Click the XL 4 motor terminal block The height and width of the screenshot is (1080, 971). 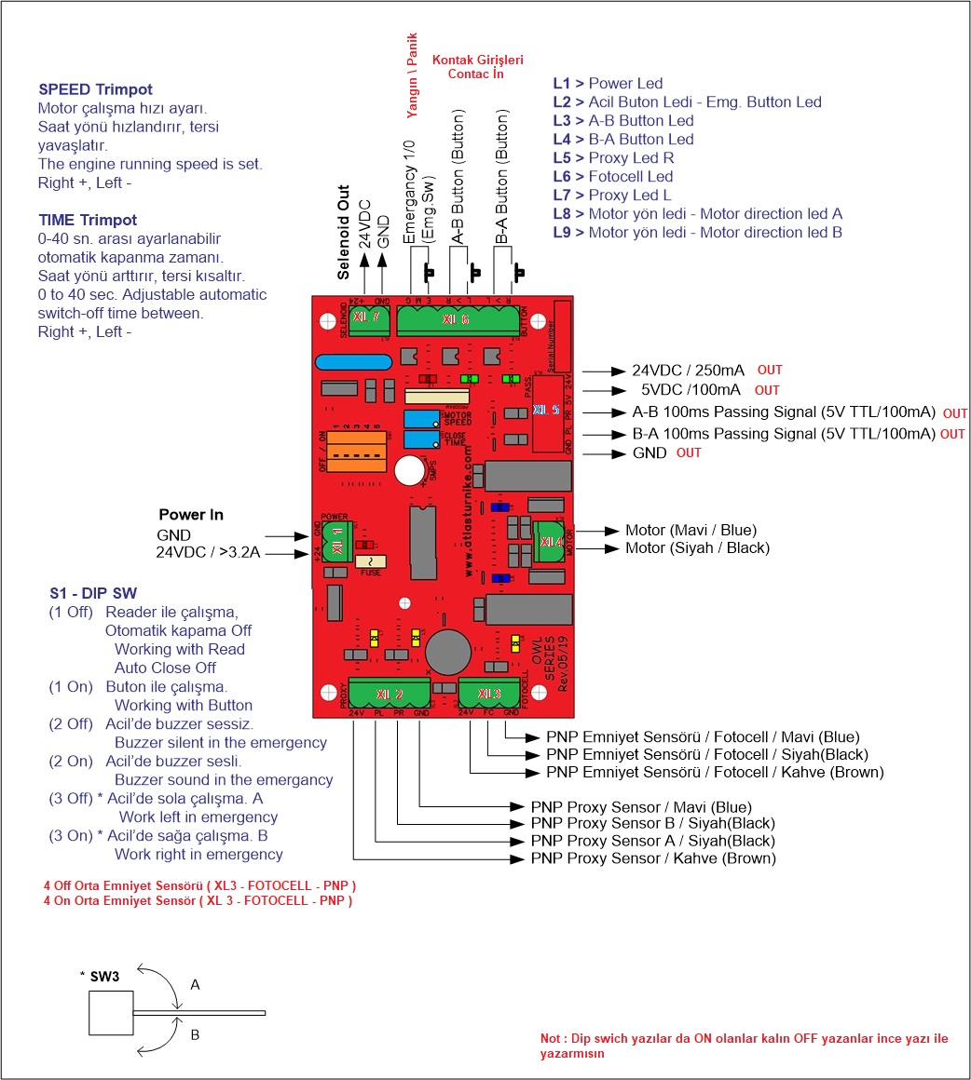click(x=551, y=541)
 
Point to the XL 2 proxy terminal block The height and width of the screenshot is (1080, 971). click(x=390, y=695)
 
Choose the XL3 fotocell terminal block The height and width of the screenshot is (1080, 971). click(x=489, y=694)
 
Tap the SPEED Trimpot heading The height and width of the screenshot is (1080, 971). click(x=95, y=89)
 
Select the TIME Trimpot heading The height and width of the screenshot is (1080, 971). click(x=88, y=221)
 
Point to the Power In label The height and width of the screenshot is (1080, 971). click(x=190, y=514)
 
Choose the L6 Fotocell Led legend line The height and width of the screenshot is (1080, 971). click(x=612, y=176)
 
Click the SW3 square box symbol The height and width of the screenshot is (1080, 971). click(x=112, y=1013)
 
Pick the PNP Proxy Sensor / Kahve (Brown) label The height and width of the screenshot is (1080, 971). click(x=652, y=858)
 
